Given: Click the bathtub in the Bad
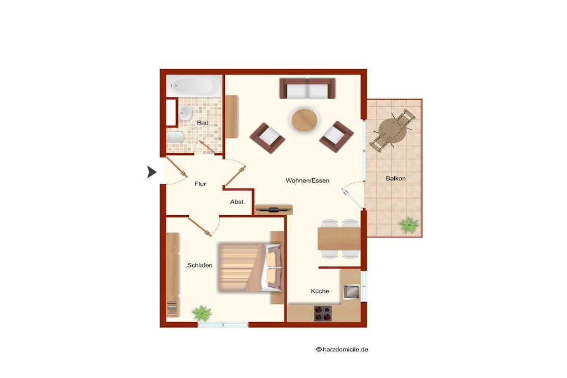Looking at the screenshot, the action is [194, 86].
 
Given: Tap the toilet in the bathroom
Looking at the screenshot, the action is [176, 137].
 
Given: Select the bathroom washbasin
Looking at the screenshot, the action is [185, 113].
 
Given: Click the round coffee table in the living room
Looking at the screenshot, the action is [305, 120].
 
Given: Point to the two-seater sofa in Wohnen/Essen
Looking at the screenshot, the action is [307, 88].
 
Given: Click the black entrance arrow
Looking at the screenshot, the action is [152, 172].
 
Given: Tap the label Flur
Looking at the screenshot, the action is [200, 184].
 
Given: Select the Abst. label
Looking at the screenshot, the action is [238, 202].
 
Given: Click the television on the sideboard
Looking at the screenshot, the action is [274, 209].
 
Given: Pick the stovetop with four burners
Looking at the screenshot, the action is [323, 313].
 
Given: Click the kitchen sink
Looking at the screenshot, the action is [350, 292].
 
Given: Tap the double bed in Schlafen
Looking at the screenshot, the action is [250, 267].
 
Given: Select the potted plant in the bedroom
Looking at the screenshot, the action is [202, 313].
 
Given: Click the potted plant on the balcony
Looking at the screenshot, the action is [409, 225].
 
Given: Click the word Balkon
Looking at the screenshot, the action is [395, 179].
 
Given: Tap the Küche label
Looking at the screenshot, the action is [320, 291].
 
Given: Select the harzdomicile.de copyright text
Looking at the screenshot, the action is [342, 349].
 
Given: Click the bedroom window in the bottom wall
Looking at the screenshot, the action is [223, 325].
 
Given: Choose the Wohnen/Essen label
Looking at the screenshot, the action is [307, 180].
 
